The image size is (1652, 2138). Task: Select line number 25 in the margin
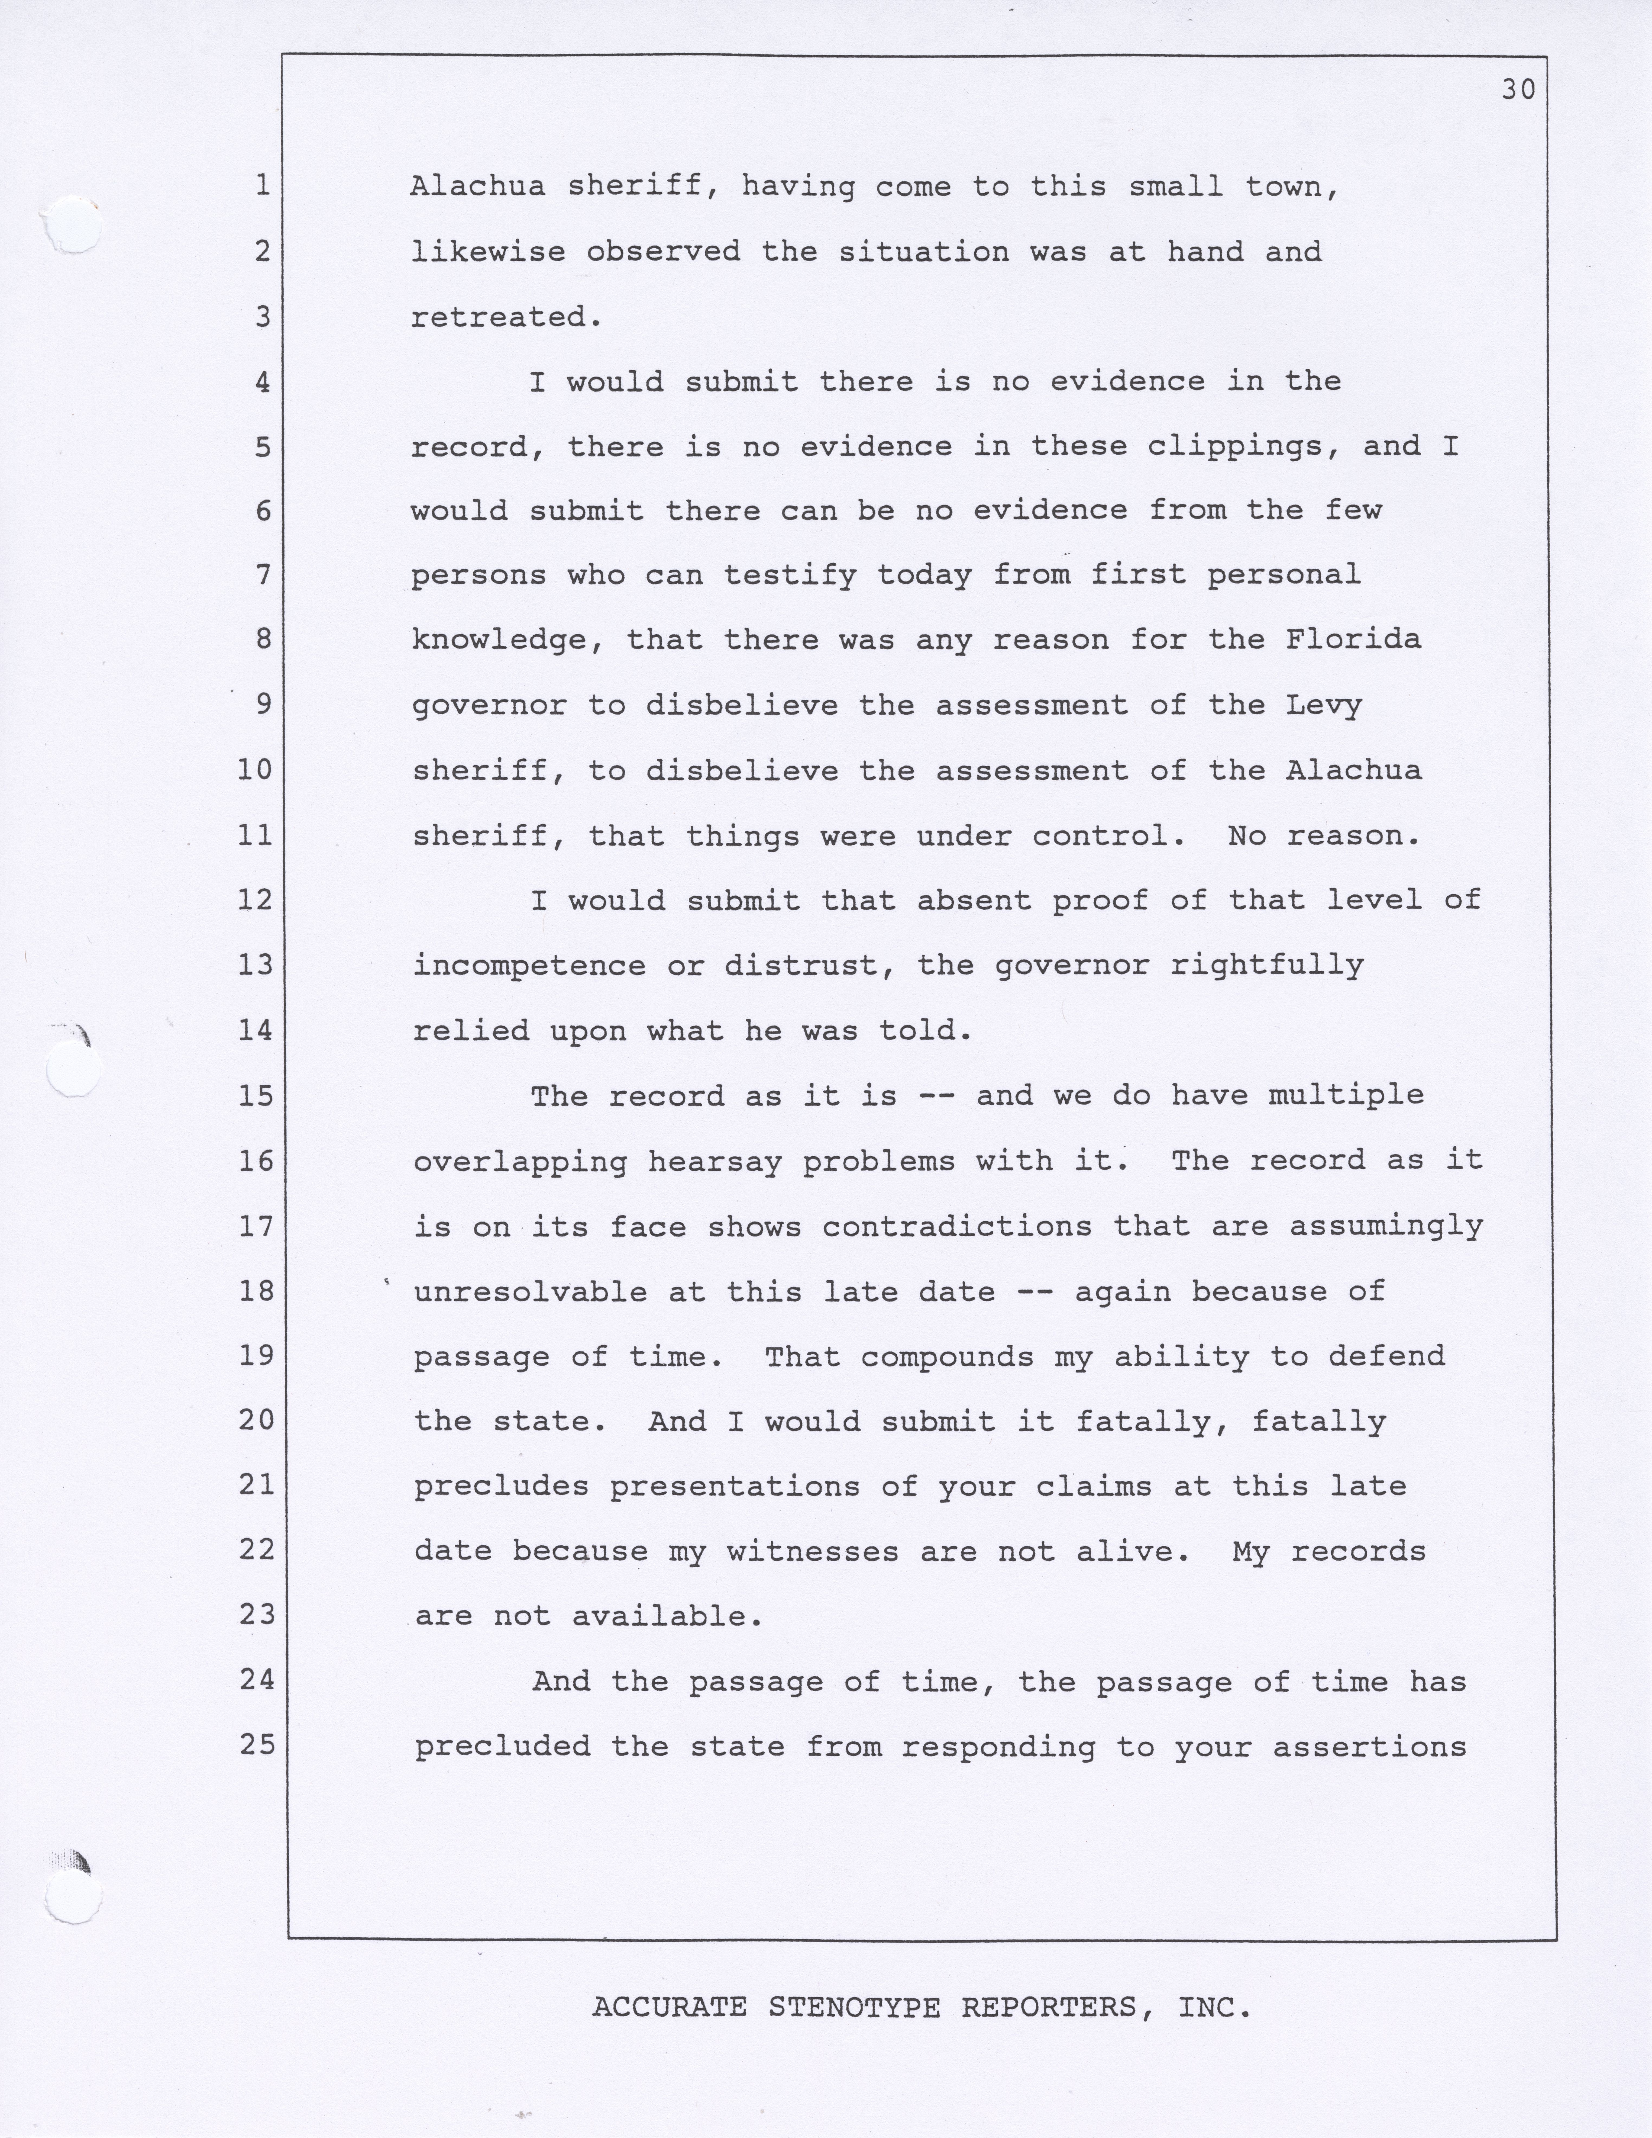pos(257,1744)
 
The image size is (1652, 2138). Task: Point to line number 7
pos(262,575)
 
